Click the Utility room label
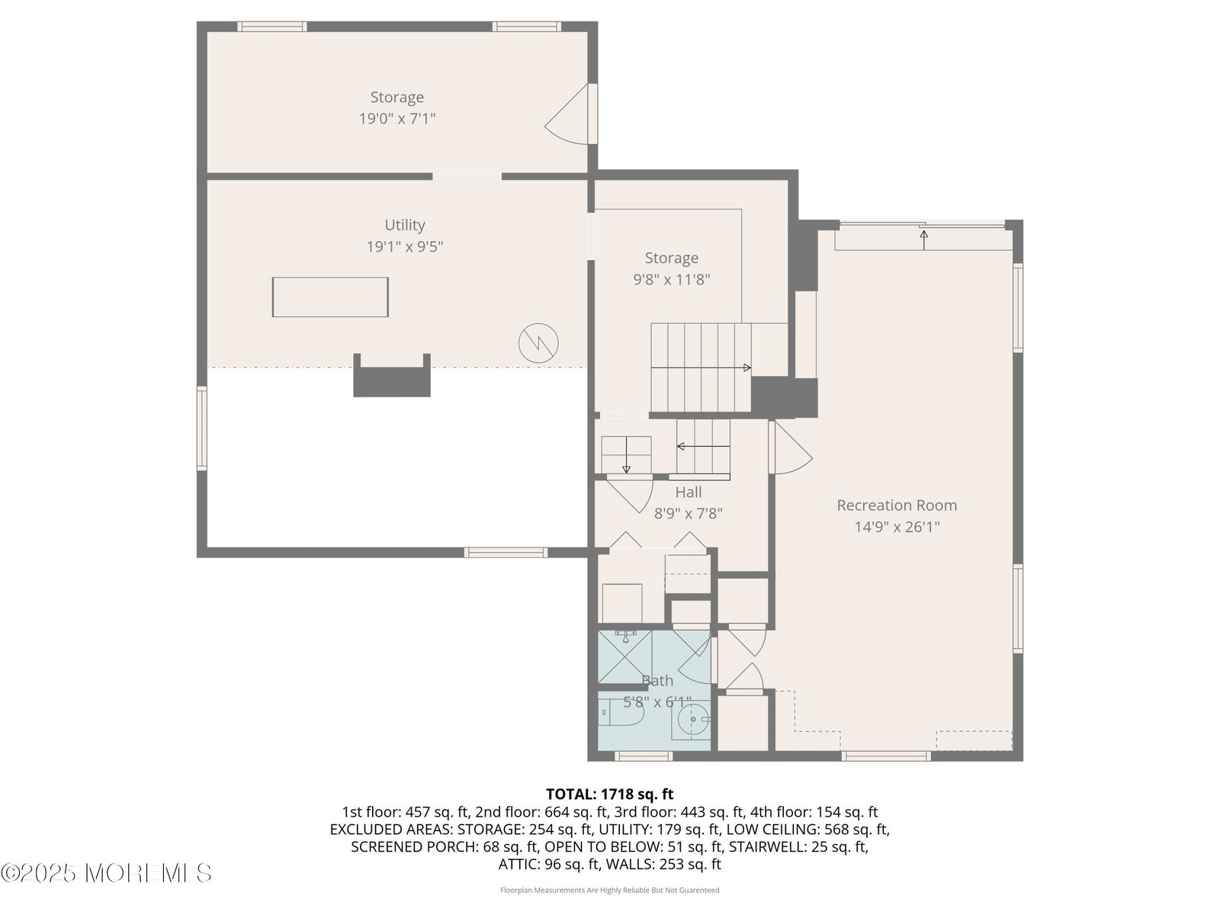405,225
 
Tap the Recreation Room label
897,506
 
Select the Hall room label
688,493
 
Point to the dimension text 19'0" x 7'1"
396,118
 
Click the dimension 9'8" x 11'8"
672,279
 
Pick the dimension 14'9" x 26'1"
897,527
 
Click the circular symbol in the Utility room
538,343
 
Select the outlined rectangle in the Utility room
330,297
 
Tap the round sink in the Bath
693,719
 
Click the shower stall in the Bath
624,657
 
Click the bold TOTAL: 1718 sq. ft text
610,794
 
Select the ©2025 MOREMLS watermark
106,873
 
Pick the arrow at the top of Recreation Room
923,240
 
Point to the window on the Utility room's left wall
202,429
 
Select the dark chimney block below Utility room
392,376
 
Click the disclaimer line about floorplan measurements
610,890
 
